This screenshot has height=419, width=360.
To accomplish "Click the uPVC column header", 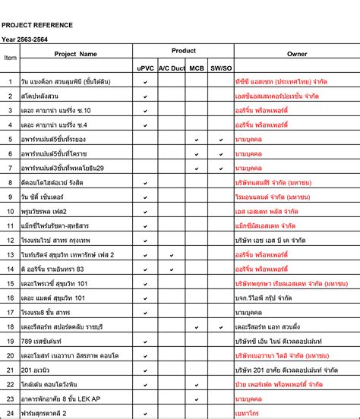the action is [x=145, y=68].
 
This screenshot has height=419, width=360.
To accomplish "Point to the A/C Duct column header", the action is [x=172, y=68].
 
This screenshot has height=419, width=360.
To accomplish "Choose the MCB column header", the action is [x=197, y=68].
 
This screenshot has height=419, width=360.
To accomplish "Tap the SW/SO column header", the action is [x=221, y=68].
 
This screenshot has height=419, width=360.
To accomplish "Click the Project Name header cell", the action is [x=76, y=54].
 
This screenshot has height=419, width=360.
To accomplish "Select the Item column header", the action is [x=11, y=57].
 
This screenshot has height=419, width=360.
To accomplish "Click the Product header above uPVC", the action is [x=183, y=51].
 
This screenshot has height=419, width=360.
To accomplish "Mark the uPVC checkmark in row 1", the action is [x=145, y=81].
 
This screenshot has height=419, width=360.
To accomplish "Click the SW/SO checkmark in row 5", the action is [x=221, y=139].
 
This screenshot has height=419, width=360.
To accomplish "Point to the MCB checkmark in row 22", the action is [x=197, y=384].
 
